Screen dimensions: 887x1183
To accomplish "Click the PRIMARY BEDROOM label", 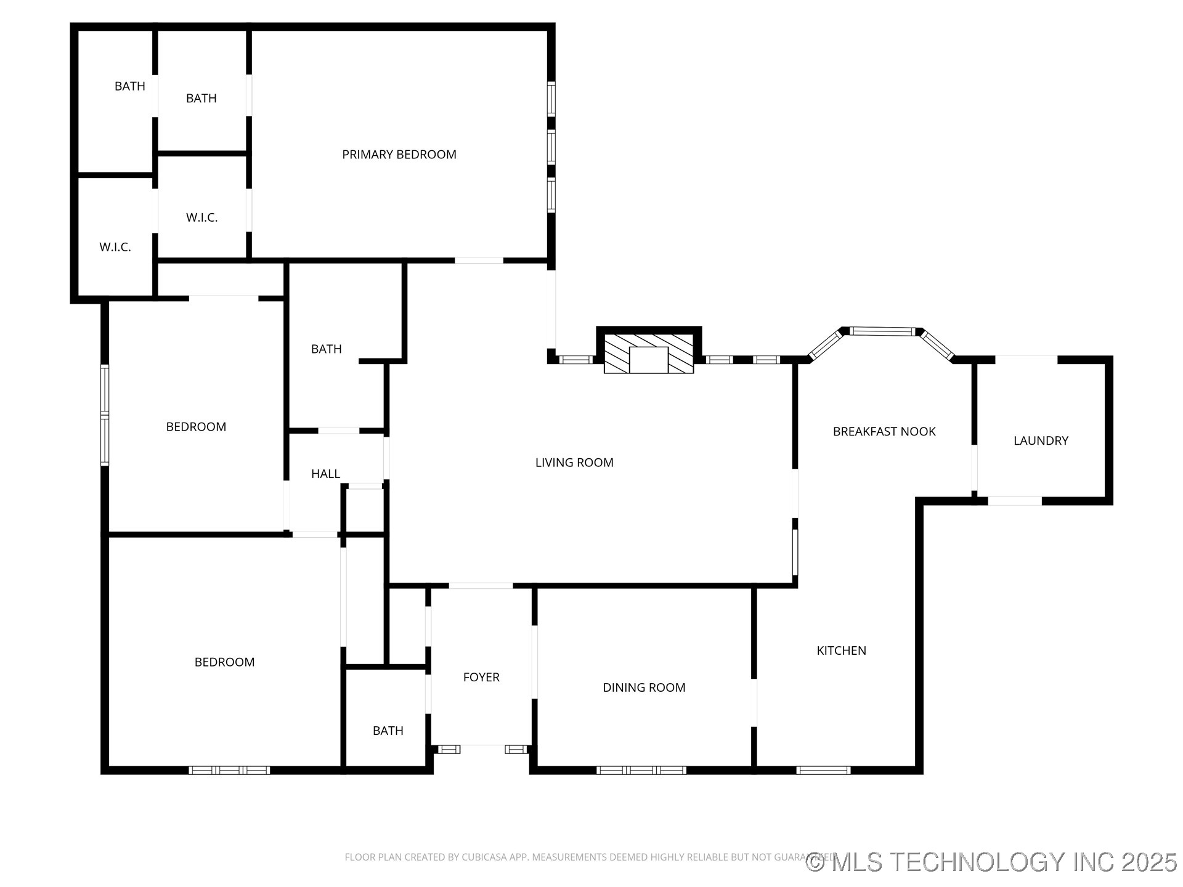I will click(399, 155).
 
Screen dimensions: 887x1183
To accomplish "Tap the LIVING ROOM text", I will click(574, 463).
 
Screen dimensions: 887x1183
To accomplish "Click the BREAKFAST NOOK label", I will click(884, 432).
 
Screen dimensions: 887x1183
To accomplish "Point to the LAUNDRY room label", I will click(1041, 440).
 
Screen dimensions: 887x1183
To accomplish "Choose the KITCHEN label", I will click(841, 650).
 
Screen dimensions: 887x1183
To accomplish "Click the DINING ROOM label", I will click(644, 687).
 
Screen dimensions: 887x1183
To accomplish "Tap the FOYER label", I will click(481, 677).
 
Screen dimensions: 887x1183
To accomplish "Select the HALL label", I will click(325, 474).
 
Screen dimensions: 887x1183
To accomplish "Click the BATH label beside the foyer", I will click(388, 731).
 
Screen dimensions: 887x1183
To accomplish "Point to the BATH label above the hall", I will click(326, 349).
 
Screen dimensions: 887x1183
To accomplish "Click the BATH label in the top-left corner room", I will click(130, 86).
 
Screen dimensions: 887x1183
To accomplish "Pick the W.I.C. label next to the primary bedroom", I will click(201, 217).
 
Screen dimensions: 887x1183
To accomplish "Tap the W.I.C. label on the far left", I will click(115, 247).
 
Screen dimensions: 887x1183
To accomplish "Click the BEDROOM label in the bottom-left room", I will click(224, 662).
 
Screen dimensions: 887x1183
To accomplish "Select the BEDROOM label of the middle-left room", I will click(196, 427).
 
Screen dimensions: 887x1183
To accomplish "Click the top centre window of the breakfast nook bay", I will click(882, 331).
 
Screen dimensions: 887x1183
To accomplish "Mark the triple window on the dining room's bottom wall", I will click(641, 770).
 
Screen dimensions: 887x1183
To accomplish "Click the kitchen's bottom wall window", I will click(823, 770).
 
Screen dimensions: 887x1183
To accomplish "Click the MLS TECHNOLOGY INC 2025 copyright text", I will click(991, 862).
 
